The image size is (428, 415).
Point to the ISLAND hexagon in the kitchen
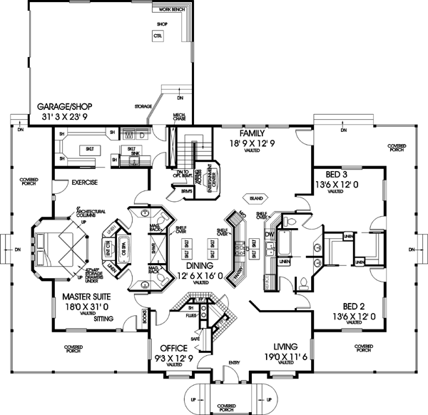(x=255, y=198)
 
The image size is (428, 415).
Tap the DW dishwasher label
(x=269, y=233)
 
